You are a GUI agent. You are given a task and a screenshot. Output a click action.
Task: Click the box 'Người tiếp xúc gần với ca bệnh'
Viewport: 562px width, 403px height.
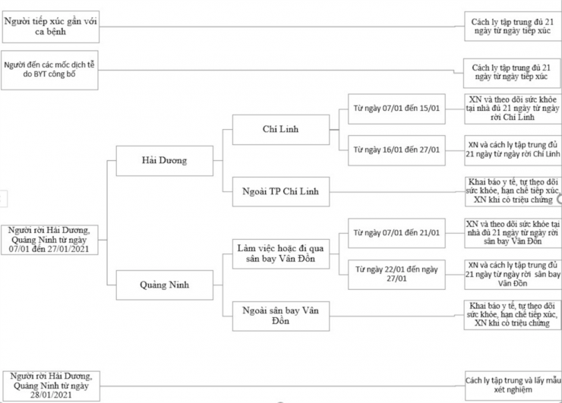pos(49,26)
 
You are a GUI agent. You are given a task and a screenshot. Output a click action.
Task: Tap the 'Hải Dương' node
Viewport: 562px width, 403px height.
pos(163,160)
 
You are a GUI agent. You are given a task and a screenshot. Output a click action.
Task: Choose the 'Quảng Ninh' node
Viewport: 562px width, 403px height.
pos(163,285)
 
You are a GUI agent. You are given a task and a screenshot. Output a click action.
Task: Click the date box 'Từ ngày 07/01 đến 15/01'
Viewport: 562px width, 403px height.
pos(396,108)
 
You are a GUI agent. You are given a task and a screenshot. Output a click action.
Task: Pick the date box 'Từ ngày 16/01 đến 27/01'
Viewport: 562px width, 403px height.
pos(396,150)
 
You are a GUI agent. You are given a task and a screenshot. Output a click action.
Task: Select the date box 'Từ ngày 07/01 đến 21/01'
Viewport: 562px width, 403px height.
pos(396,231)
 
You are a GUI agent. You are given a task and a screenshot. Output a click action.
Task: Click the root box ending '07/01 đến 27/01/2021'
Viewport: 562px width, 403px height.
pos(49,239)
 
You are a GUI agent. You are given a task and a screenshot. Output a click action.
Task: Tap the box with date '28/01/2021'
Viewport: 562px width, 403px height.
pos(49,384)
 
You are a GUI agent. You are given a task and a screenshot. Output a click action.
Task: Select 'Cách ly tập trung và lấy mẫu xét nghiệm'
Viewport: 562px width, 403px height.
pos(513,383)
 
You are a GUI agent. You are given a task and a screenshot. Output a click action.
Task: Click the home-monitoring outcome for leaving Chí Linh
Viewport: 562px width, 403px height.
pos(513,109)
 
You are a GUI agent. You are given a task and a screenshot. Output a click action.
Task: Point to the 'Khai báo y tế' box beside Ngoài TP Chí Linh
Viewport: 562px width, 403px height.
pos(513,191)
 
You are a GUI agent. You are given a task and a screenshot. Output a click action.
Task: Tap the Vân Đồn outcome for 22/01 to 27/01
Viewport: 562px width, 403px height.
pos(513,273)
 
